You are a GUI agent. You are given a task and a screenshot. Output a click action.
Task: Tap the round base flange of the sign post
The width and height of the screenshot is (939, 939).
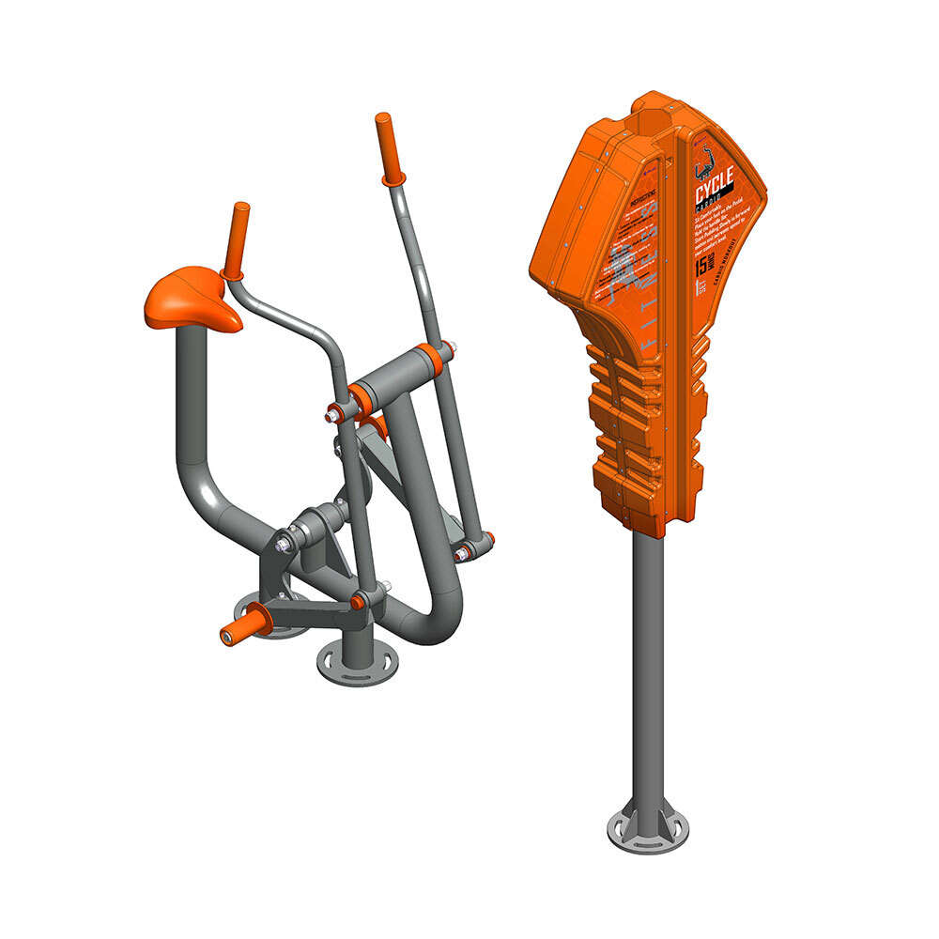pos(647,832)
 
